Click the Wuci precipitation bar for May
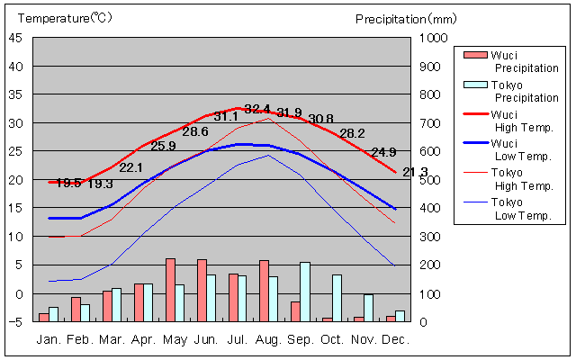(170, 290)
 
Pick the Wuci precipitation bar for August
(264, 291)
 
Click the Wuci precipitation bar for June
(202, 290)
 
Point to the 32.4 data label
(257, 109)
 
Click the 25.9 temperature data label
(163, 146)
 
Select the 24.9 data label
(383, 152)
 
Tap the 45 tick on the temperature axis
(18, 38)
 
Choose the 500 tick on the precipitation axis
(430, 180)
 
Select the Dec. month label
(395, 340)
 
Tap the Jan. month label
(49, 340)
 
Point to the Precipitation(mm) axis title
(406, 18)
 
